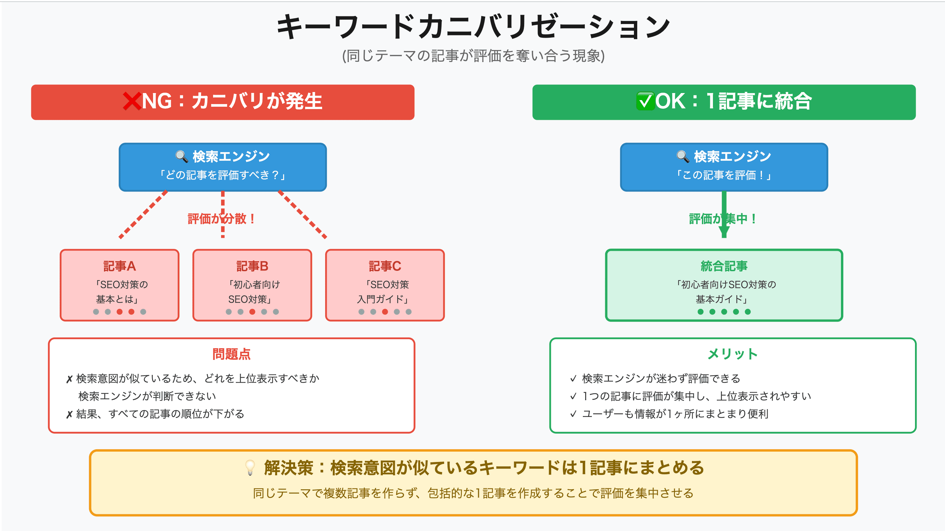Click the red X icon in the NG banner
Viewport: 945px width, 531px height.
(x=132, y=101)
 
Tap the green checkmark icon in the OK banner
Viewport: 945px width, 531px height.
(x=645, y=101)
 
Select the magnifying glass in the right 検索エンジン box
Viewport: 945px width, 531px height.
(x=683, y=157)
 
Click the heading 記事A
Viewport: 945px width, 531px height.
(x=120, y=266)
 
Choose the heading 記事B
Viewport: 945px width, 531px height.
(x=252, y=266)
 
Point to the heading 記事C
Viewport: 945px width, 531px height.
(x=385, y=266)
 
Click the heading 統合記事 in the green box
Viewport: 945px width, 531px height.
(x=724, y=266)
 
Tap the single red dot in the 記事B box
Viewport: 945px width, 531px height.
(x=252, y=312)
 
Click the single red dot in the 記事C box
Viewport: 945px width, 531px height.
(x=385, y=312)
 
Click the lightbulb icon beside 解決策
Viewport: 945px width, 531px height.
(x=250, y=468)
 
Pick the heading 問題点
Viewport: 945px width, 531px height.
(x=231, y=354)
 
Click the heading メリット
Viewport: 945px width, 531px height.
(x=733, y=354)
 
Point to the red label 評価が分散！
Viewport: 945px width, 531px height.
(x=221, y=219)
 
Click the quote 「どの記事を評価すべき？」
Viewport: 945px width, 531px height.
(x=223, y=175)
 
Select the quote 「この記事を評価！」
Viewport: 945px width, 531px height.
(x=724, y=175)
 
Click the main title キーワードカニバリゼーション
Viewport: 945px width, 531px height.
(x=473, y=26)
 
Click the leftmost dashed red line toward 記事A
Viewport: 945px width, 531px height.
(x=143, y=214)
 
